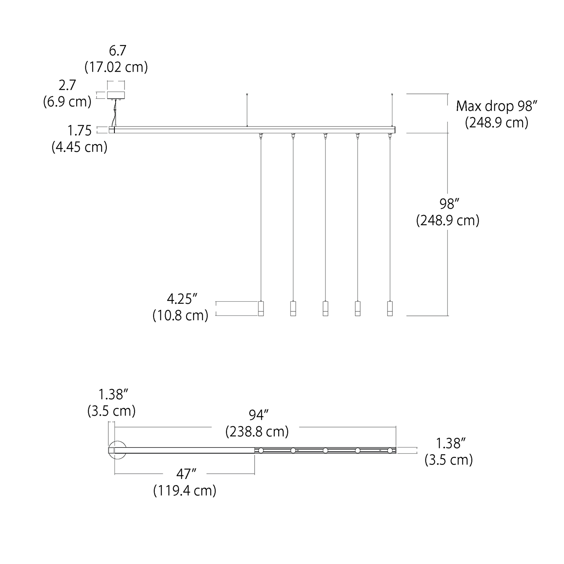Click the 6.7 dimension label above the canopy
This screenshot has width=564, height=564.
pos(117,51)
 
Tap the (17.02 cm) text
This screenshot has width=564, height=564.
pos(116,67)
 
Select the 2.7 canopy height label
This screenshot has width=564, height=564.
pos(67,85)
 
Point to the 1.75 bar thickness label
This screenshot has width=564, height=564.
pos(79,131)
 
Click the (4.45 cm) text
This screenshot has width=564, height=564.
pos(79,147)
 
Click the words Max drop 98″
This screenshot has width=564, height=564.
pos(497,106)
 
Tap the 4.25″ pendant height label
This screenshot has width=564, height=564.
pos(182,299)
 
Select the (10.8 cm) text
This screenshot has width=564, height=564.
pos(180,315)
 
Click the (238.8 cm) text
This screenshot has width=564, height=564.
pos(257,431)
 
